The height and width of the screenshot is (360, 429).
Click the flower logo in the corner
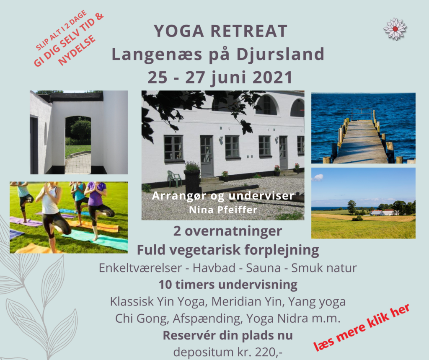pos(395,29)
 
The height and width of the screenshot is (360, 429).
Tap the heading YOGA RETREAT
pos(220,31)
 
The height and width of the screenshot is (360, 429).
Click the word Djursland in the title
pos(280,54)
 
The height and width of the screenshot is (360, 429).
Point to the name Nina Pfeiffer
pos(223,210)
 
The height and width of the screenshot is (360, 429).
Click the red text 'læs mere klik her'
pos(362,327)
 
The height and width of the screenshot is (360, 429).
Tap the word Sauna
pos(263,268)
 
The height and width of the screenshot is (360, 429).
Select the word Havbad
pos(214,268)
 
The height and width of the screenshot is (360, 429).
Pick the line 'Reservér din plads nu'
pos(227,335)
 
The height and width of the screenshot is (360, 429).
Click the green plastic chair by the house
pos(174,179)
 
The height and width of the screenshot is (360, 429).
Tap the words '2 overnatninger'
pos(227,231)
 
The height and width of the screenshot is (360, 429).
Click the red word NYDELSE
pos(78,50)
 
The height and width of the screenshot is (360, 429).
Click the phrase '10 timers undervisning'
pos(228,285)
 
